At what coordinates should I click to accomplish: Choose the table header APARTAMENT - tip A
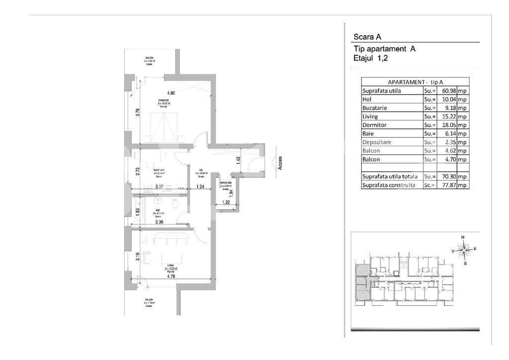415,82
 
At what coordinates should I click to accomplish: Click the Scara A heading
367,36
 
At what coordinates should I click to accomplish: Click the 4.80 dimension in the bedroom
171,93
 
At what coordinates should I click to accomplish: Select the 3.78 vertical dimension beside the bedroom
138,112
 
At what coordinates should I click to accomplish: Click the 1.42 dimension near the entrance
239,160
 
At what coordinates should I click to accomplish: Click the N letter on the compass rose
463,237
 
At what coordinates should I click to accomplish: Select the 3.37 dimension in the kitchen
160,187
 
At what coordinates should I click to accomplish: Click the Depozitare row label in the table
378,142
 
